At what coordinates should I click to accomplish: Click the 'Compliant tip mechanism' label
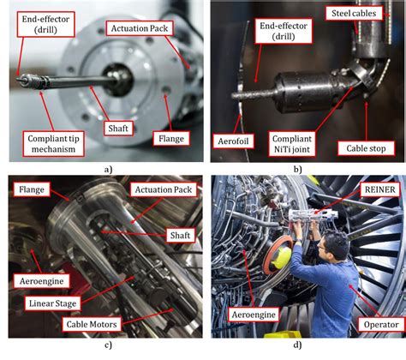pyautogui.click(x=53, y=144)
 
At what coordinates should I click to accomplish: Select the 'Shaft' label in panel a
pyautogui.click(x=118, y=129)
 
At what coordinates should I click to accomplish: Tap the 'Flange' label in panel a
pyautogui.click(x=171, y=139)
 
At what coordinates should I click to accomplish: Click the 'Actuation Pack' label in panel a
pyautogui.click(x=140, y=28)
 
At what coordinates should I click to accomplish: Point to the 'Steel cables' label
pyautogui.click(x=354, y=13)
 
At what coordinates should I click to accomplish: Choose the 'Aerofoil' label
pyautogui.click(x=234, y=141)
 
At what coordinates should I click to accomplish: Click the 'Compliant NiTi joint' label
pyautogui.click(x=292, y=144)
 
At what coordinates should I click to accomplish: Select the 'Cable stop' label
pyautogui.click(x=366, y=148)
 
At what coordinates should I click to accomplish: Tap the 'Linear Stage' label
pyautogui.click(x=53, y=303)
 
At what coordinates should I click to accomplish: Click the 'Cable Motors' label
pyautogui.click(x=92, y=324)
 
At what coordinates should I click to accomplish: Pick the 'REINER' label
pyautogui.click(x=380, y=189)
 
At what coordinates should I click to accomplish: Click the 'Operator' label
pyautogui.click(x=381, y=325)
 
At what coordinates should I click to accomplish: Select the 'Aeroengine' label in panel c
pyautogui.click(x=42, y=281)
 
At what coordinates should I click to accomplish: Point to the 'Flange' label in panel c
pyautogui.click(x=32, y=189)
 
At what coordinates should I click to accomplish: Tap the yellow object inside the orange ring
pyautogui.click(x=283, y=257)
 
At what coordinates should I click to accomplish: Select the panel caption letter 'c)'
pyautogui.click(x=108, y=345)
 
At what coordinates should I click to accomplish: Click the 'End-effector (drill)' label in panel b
pyautogui.click(x=284, y=31)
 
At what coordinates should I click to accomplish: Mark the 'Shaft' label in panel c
pyautogui.click(x=180, y=235)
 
